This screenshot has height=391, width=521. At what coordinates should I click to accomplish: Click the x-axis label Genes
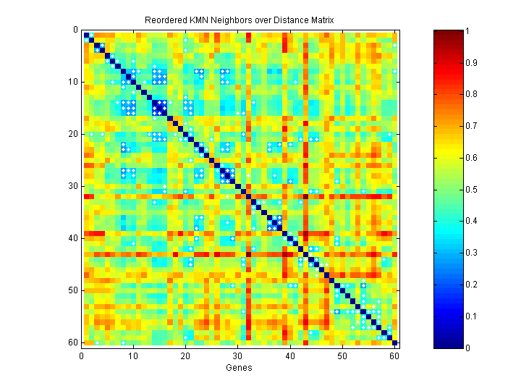click(240, 368)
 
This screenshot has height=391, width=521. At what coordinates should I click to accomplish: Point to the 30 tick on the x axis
click(238, 356)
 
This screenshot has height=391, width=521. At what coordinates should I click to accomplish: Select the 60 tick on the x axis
click(394, 356)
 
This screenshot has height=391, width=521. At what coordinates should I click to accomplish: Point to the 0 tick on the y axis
click(76, 30)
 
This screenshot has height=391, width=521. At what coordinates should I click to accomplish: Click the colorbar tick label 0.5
click(470, 189)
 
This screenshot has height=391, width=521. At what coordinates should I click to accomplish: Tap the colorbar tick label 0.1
click(470, 316)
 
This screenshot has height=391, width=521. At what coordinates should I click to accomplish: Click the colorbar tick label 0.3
click(470, 253)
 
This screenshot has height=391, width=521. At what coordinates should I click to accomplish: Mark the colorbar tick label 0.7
click(470, 126)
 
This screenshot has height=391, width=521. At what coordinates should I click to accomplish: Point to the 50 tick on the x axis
click(342, 356)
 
